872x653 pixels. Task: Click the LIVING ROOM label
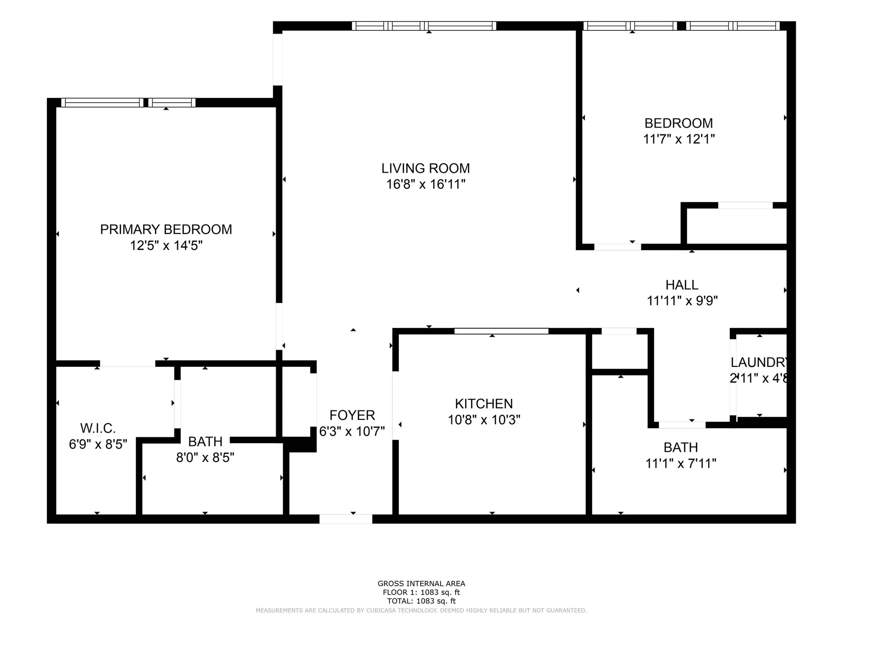(426, 168)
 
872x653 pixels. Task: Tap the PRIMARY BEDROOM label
(166, 229)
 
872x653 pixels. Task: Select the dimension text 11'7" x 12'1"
(679, 139)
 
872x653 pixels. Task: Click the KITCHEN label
(484, 404)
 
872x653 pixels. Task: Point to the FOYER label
(352, 415)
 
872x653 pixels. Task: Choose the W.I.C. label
(98, 428)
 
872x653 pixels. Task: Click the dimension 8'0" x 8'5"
(205, 457)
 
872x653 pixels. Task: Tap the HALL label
(682, 285)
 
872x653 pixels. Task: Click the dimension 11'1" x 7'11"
(681, 463)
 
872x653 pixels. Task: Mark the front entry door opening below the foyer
(346, 519)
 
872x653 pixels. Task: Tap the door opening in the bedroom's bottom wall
(617, 247)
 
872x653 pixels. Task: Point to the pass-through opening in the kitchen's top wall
(501, 331)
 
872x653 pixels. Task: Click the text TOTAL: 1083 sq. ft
(421, 601)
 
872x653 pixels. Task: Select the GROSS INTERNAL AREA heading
(421, 584)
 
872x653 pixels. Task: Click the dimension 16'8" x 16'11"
(426, 184)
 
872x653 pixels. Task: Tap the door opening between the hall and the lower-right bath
(682, 425)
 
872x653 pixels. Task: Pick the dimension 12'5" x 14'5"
(166, 246)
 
